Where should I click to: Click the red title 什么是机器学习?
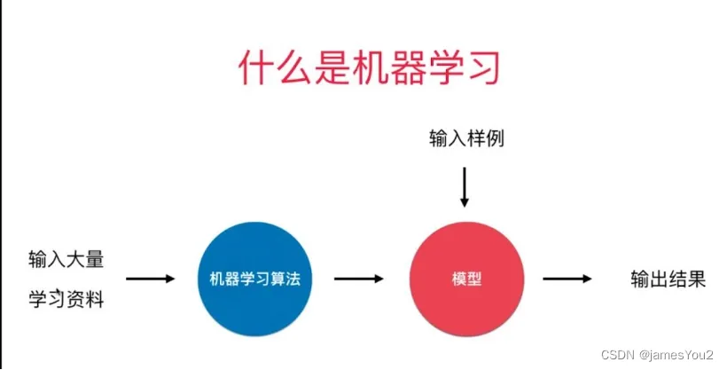pos(364,68)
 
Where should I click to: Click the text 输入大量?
pos(66,260)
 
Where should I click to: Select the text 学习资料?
pos(66,300)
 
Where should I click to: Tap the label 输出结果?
pos(668,279)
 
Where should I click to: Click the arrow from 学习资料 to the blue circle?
pos(150,279)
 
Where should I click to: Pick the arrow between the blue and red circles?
pos(359,279)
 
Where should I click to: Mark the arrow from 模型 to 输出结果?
pos(567,279)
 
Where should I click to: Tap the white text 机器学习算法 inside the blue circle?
pos(255,279)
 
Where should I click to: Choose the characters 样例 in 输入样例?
pos(485,138)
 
